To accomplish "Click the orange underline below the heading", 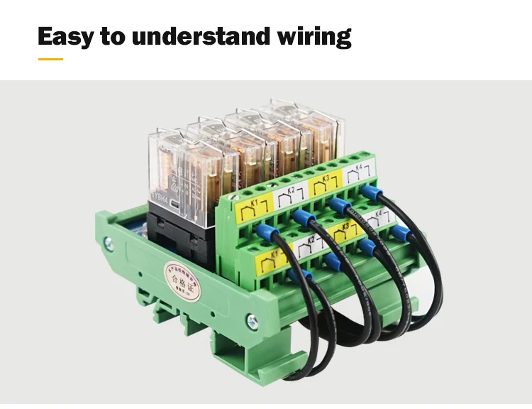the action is pyautogui.click(x=50, y=59).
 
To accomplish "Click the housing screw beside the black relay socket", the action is pyautogui.click(x=108, y=243).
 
